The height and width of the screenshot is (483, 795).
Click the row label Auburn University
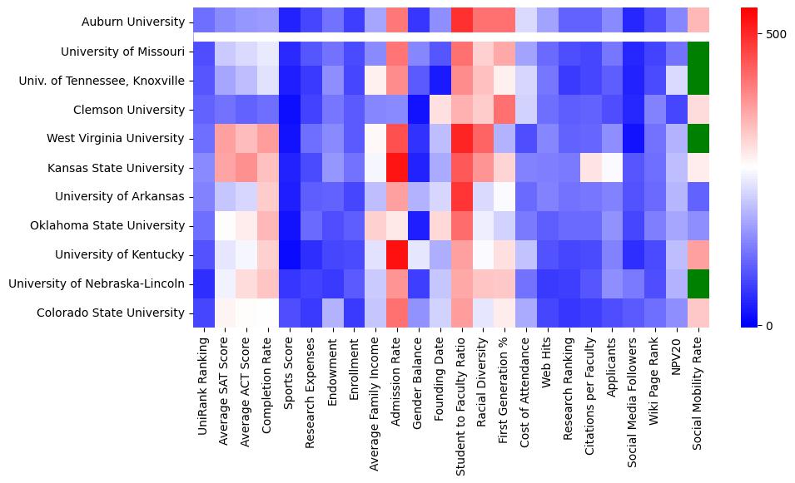coord(134,22)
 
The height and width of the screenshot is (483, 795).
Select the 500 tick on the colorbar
coord(777,34)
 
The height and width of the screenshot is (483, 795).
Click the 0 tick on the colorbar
coord(771,325)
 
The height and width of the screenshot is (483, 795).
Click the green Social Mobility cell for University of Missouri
coord(698,52)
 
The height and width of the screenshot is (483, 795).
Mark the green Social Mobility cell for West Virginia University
coord(698,139)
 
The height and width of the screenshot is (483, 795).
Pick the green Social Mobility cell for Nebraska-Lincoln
coord(698,283)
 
